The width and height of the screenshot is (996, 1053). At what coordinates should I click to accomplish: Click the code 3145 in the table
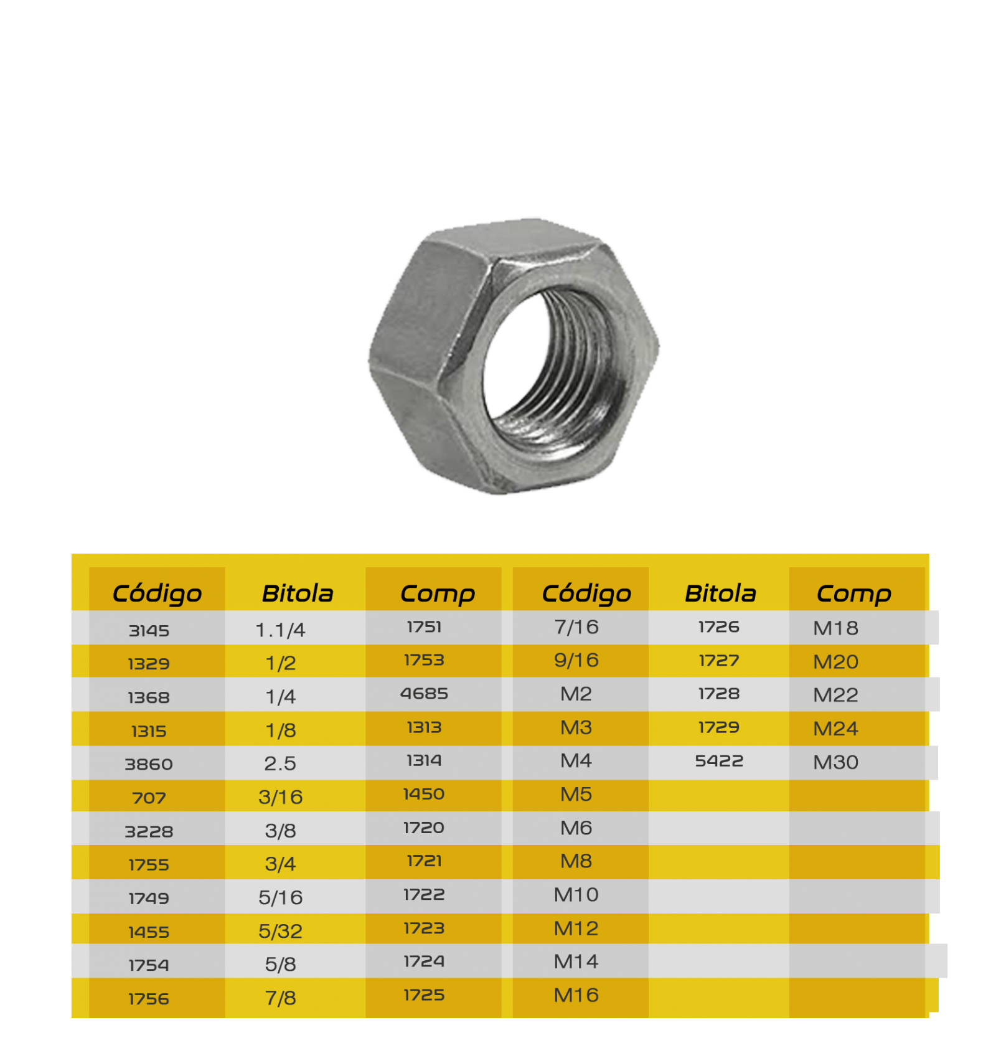tap(149, 631)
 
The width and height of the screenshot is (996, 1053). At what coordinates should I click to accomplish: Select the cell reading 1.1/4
tap(280, 630)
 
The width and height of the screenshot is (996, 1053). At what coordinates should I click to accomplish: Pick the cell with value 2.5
tap(280, 763)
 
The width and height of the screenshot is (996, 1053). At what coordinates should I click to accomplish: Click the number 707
tap(149, 798)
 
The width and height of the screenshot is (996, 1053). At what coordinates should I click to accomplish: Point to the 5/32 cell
tap(280, 931)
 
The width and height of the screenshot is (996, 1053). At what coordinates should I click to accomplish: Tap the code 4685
tap(424, 694)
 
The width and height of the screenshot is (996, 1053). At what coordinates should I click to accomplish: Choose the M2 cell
tap(576, 694)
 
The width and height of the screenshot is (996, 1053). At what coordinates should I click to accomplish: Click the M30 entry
tap(835, 762)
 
